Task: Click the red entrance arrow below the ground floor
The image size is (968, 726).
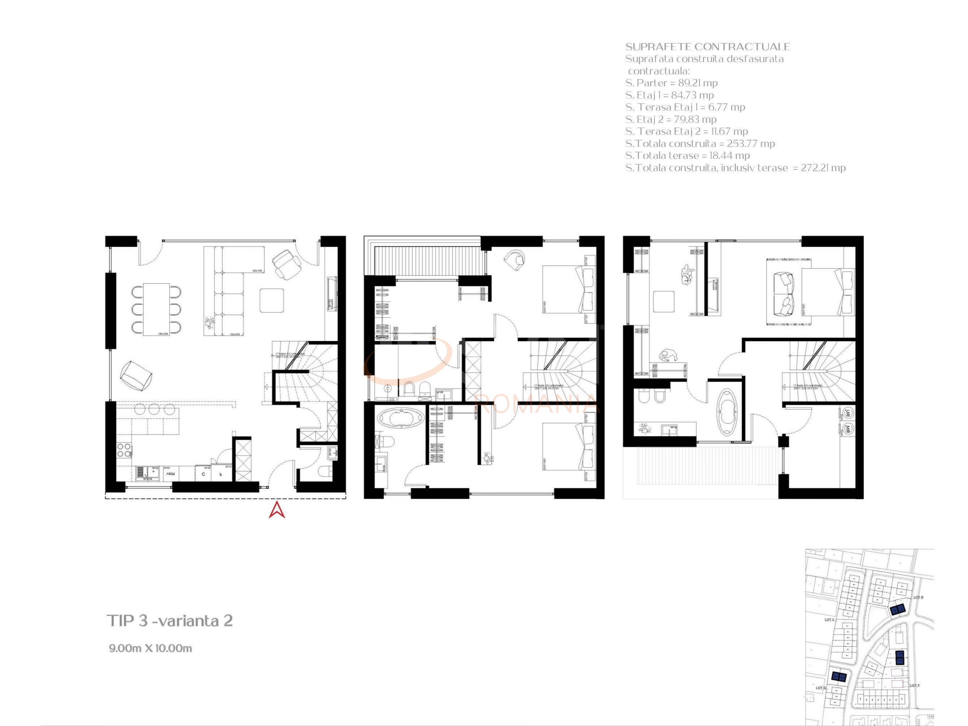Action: [277, 510]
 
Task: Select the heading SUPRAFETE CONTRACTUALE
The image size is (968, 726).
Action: [707, 47]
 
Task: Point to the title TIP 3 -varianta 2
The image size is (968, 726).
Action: [170, 621]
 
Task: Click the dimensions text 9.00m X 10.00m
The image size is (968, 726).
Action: [150, 648]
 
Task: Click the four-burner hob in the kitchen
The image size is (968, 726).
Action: [124, 450]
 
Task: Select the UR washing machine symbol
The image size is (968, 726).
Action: [848, 413]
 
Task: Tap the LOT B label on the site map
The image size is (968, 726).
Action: [918, 597]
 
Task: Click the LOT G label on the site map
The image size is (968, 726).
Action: [821, 687]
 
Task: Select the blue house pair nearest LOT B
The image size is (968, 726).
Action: [897, 610]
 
